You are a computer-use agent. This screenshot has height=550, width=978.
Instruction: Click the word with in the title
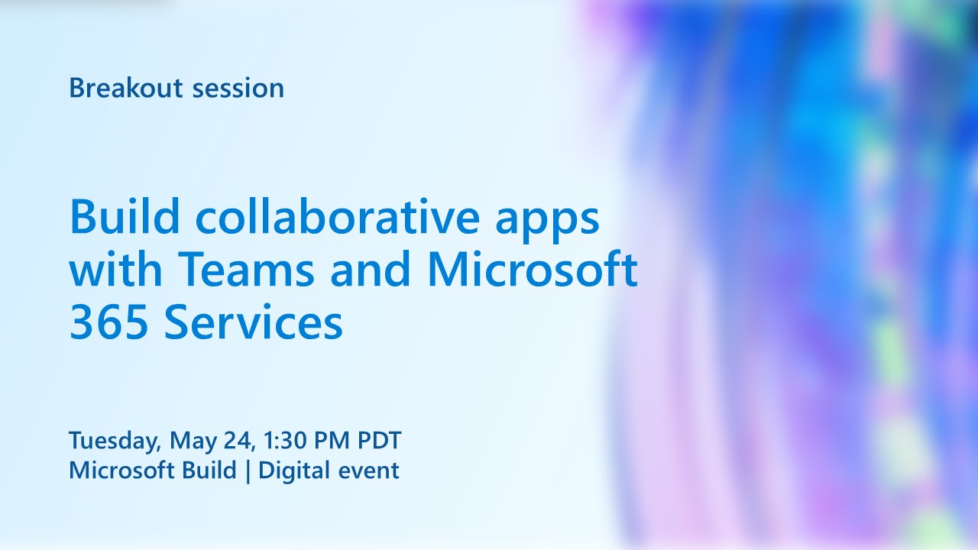pyautogui.click(x=117, y=270)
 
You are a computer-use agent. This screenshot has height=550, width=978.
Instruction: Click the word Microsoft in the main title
pyautogui.click(x=532, y=270)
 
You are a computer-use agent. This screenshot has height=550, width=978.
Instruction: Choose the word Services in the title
pyautogui.click(x=253, y=323)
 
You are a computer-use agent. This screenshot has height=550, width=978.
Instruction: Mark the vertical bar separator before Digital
pyautogui.click(x=248, y=471)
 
